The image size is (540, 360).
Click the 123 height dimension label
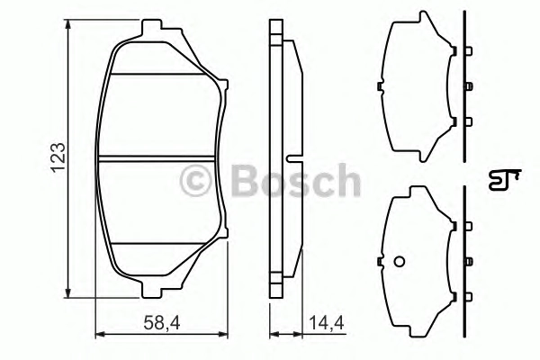(58, 157)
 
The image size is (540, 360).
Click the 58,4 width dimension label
(162, 323)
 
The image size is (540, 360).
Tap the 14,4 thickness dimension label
(327, 323)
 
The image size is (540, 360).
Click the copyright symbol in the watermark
(195, 181)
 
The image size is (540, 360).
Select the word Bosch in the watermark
(296, 181)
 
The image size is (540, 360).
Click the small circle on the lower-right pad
(399, 262)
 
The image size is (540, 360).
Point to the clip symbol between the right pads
(504, 179)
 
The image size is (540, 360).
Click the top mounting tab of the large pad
(151, 27)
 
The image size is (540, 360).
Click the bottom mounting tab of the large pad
(151, 290)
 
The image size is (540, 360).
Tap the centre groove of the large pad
(156, 158)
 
